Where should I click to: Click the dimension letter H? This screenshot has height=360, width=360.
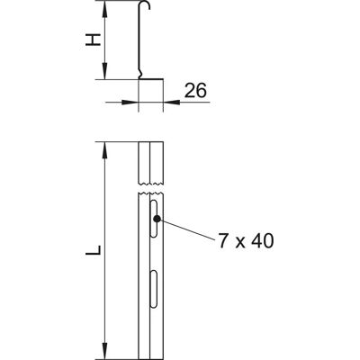coord(93,40)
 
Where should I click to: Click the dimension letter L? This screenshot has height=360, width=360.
coord(93,250)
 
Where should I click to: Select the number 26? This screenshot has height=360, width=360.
coord(195,91)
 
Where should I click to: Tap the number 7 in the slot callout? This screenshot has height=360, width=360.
coord(223,241)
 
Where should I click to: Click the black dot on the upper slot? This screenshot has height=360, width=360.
coord(157,219)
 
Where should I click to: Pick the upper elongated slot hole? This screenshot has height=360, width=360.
coord(154,219)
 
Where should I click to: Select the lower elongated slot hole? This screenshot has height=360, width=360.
coord(154,289)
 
